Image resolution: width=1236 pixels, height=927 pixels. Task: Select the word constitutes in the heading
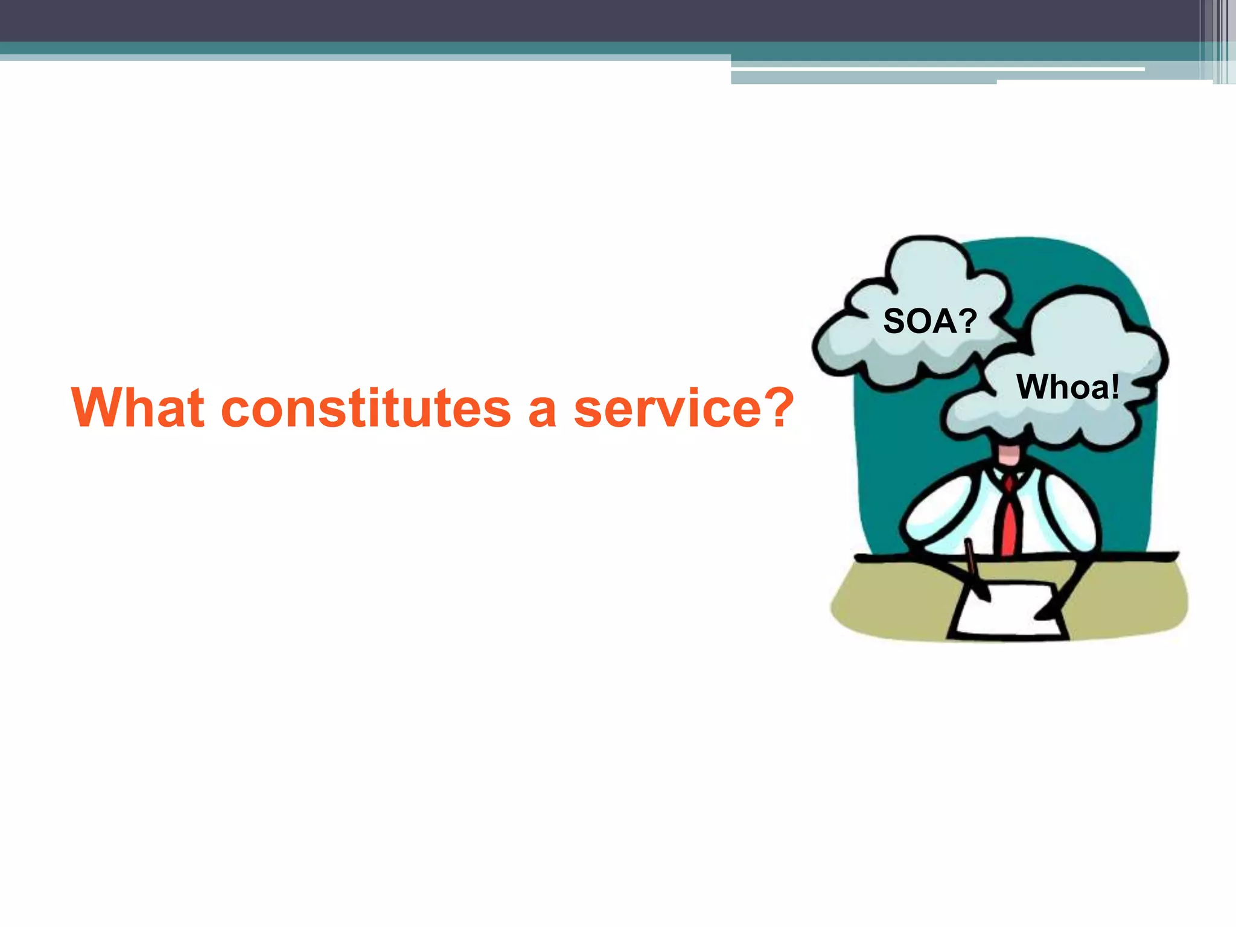(x=366, y=409)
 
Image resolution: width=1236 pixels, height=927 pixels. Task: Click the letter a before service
(x=541, y=413)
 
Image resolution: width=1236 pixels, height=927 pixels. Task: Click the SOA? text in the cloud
(x=929, y=320)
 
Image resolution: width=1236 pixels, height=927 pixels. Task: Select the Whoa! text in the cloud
(x=1068, y=387)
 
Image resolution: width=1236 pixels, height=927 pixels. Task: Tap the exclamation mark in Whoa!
(x=1114, y=387)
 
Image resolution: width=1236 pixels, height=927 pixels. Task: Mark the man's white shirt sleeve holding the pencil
(x=935, y=513)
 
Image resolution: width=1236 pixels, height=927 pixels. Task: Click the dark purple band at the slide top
(x=543, y=20)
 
